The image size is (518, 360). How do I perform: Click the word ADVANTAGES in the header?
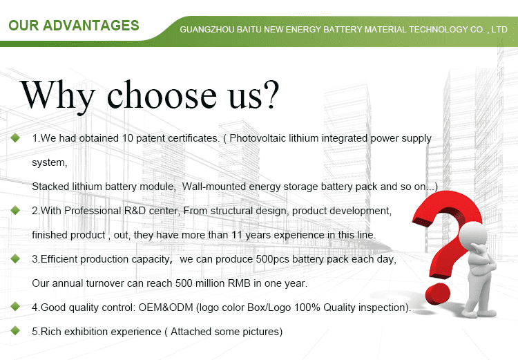pos(91,26)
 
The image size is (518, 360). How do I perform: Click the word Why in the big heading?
pos(57,95)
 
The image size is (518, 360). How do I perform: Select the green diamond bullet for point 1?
pos(15,138)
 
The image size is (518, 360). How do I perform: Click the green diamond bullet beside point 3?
pos(15,258)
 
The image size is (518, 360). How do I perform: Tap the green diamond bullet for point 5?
pos(15,330)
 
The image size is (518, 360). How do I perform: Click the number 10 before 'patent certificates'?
pos(127,138)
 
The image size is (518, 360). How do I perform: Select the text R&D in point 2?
pos(135,211)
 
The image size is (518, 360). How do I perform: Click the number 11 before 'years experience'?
pos(237,235)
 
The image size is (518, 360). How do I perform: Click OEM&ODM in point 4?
pos(166,307)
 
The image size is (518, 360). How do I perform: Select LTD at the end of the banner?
pos(499,30)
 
